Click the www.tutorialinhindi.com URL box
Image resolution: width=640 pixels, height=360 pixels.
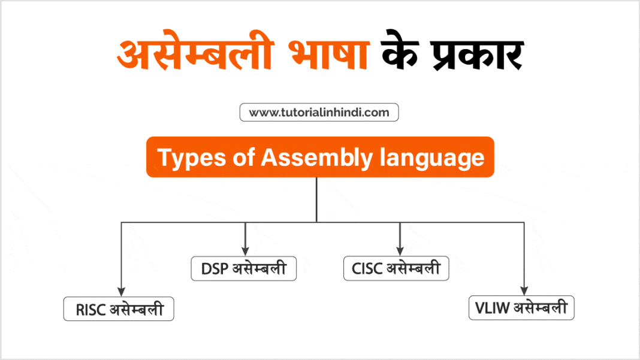click(319, 112)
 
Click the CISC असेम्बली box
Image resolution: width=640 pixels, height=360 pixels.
click(396, 268)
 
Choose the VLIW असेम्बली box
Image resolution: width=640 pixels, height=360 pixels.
click(521, 308)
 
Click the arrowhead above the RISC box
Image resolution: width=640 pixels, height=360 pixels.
click(122, 292)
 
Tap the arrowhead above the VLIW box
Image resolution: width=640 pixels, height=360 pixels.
click(524, 291)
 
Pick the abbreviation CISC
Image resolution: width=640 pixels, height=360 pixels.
click(367, 268)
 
